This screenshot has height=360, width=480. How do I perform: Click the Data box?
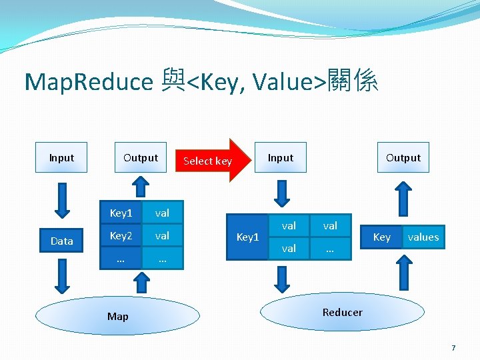[x=61, y=241]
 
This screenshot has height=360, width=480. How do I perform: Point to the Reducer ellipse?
[x=342, y=312]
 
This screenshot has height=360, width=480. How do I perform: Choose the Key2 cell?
[x=121, y=235]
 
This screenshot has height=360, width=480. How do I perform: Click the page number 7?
[x=453, y=348]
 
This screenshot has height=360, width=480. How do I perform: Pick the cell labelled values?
[x=423, y=237]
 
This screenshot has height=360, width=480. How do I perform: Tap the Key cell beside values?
[x=381, y=237]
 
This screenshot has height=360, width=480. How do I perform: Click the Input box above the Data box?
[x=61, y=158]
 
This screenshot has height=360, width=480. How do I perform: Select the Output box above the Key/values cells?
[x=403, y=158]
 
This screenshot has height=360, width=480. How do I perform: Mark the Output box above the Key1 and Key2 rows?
[x=141, y=158]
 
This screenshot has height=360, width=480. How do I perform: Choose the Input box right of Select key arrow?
[x=281, y=158]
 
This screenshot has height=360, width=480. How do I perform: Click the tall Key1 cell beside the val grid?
[x=247, y=237]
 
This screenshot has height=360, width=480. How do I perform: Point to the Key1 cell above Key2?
[x=121, y=213]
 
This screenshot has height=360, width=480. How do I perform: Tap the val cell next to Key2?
[x=162, y=235]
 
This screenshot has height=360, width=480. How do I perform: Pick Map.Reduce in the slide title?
[x=89, y=82]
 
